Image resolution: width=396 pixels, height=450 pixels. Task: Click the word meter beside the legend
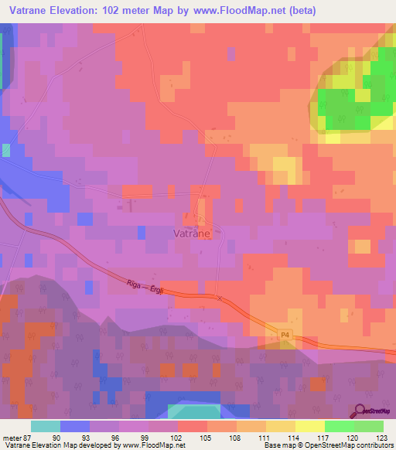point(10,437)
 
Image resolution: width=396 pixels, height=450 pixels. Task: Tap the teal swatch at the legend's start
point(46,426)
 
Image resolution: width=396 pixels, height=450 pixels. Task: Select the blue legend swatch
point(75,426)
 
